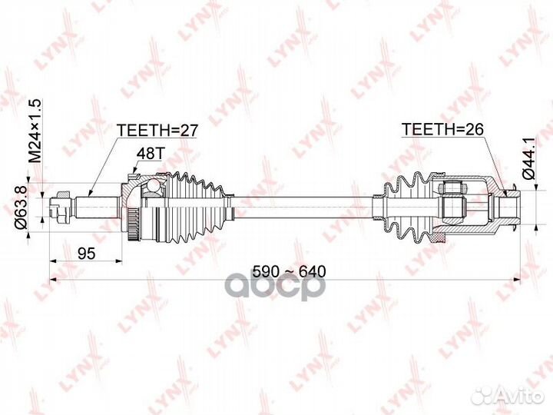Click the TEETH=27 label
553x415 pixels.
(157, 131)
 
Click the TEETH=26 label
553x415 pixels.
(442, 131)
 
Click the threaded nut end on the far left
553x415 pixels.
(57, 207)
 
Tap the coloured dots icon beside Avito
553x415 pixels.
(482, 395)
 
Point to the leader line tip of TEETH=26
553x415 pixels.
(505, 188)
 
